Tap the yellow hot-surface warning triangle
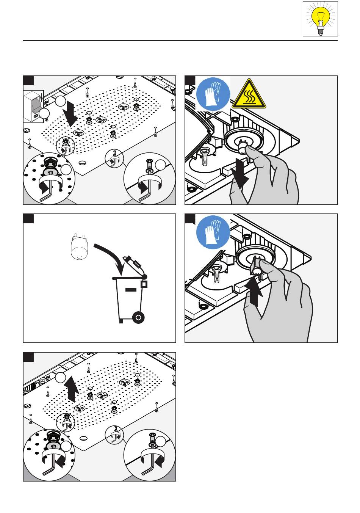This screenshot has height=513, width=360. pyautogui.click(x=249, y=94)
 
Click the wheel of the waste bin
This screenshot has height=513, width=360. pyautogui.click(x=138, y=317)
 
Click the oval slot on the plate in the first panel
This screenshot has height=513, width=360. pyautogui.click(x=83, y=163)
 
